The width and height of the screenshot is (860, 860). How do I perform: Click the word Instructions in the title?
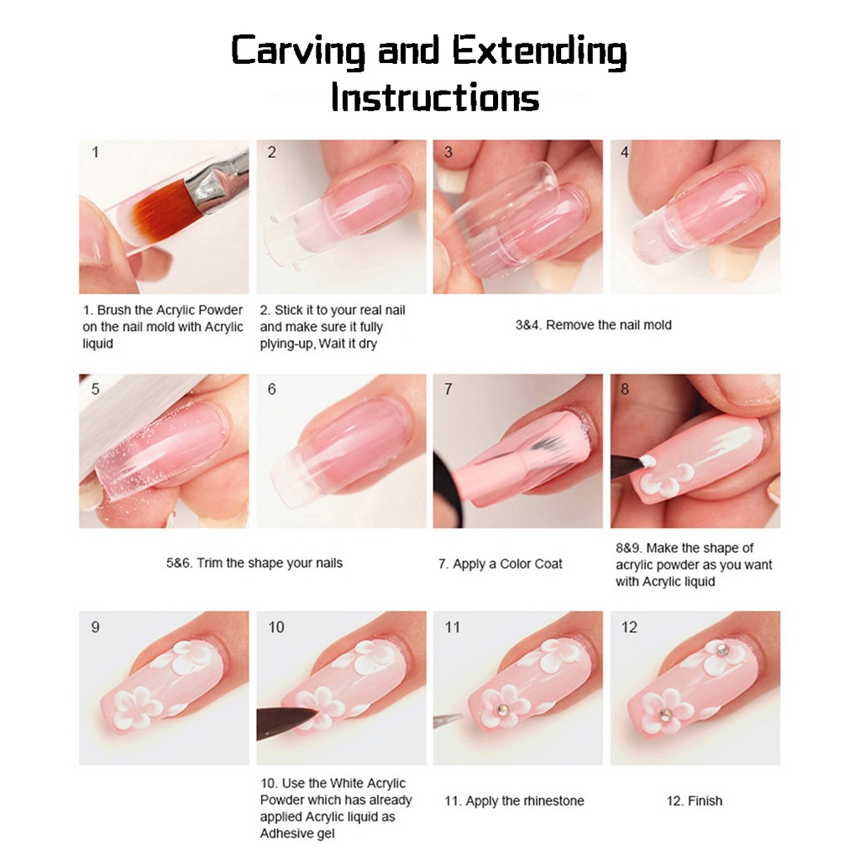435,97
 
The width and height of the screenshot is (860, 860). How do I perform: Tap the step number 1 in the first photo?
96,152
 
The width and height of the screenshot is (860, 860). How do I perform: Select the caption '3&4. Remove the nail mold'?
594,325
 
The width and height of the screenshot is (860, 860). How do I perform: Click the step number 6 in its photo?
271,389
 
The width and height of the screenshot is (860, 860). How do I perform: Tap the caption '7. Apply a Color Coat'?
501,564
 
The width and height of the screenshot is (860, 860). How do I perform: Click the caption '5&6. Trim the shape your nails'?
254,564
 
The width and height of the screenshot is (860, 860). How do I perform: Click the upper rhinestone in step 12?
723,651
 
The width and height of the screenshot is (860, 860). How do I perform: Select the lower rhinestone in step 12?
665,714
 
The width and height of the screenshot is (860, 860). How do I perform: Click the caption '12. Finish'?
695,800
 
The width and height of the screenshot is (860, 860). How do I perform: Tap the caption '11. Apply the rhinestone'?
515,800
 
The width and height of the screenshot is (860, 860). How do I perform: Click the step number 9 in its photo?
96,627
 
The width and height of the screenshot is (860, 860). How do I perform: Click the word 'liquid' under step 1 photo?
97,343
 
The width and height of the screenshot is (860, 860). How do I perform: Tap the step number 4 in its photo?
624,152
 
